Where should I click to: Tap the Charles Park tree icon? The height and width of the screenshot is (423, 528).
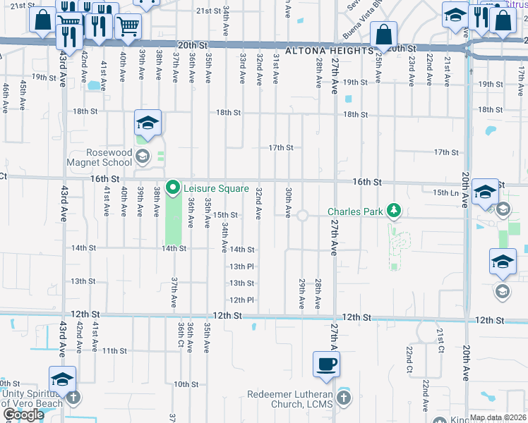point(394,211)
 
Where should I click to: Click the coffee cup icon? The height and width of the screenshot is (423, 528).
point(326,364)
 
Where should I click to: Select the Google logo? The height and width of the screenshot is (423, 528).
point(23,415)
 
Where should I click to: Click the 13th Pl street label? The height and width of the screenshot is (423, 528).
point(241,266)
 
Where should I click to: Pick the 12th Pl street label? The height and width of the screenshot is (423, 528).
point(241,300)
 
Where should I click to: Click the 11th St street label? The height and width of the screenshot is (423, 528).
point(114,350)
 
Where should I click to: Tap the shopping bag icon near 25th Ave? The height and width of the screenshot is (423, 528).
point(384,34)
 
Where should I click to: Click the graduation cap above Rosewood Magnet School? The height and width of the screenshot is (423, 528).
point(148,123)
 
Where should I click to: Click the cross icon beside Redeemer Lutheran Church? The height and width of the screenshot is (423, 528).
point(343,398)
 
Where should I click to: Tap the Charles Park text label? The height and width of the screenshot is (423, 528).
point(354,211)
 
